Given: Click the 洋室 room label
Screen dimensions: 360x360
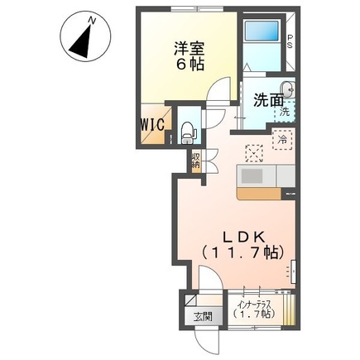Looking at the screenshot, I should click(187, 48).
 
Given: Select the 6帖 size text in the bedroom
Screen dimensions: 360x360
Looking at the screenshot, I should click(187, 65).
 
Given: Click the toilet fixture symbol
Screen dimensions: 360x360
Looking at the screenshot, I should click(187, 128).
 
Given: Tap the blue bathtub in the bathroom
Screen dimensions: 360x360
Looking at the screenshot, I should click(264, 37).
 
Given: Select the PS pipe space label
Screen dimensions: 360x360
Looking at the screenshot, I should click(290, 42).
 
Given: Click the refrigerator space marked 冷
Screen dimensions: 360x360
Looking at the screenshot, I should click(281, 140).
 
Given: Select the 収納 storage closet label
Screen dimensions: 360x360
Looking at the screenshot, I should click(196, 161).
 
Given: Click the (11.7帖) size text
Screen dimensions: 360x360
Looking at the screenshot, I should click(233, 252).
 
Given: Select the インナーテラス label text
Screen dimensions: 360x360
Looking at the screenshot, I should click(253, 304).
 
